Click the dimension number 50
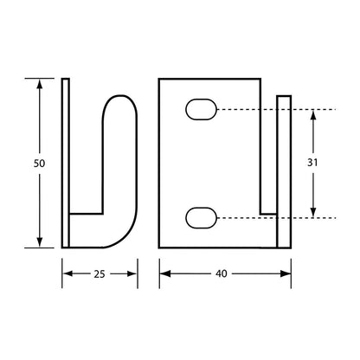(40, 164)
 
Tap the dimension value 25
(100, 274)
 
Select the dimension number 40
(222, 273)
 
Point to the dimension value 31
(312, 163)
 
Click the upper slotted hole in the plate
(201, 109)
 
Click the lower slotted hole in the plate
(201, 218)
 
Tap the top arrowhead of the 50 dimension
(40, 84)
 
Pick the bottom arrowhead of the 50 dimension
(40, 242)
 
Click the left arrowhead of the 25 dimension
(67, 273)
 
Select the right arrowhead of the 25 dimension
(132, 273)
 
